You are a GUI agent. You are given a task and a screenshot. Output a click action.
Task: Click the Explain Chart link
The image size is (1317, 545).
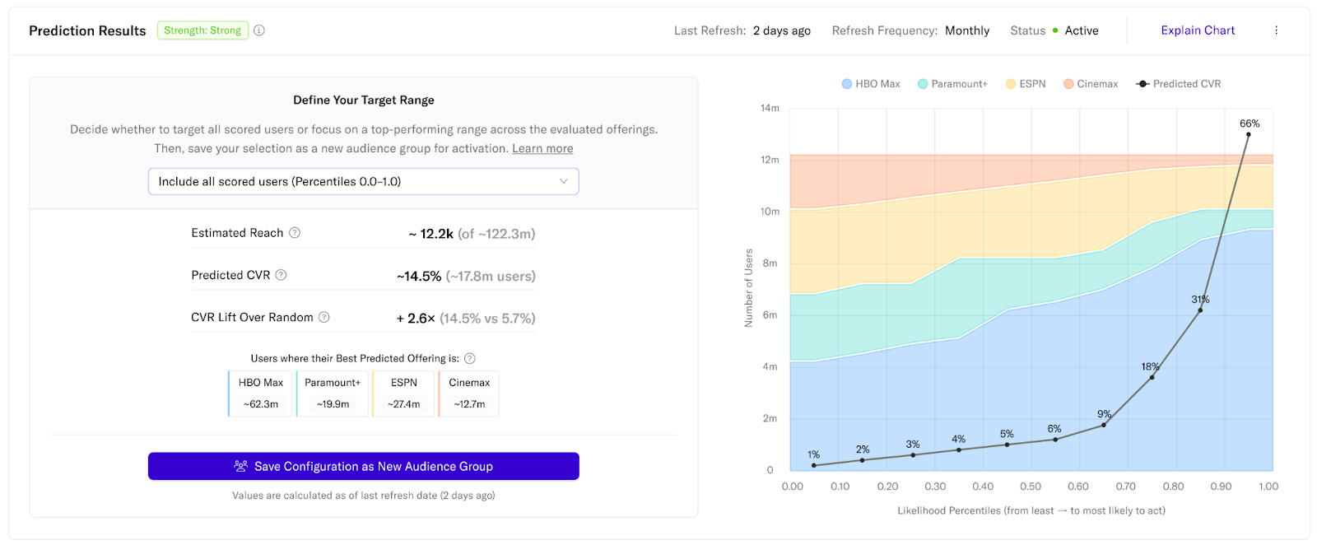coord(1198,30)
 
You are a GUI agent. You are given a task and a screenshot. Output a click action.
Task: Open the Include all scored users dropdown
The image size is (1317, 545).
coord(363,181)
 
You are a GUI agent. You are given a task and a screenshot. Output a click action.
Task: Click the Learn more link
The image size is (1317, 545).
coord(542,148)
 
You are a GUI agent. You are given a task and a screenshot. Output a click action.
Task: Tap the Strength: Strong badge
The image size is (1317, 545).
coord(202,30)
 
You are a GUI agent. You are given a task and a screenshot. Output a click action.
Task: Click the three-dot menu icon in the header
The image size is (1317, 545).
coord(1276,30)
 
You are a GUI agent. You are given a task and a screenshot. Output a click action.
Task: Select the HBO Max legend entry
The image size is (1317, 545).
coord(871,84)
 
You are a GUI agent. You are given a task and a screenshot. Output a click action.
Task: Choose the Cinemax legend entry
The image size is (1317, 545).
coord(1091,84)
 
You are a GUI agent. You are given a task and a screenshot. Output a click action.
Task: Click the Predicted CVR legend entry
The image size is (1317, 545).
coord(1179,84)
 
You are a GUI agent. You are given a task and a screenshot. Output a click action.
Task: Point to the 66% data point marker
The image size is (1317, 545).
coord(1248,134)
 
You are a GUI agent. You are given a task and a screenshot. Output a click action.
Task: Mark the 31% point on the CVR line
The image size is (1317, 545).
coord(1200,310)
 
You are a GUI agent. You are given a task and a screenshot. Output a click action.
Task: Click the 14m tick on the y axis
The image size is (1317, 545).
coord(770,108)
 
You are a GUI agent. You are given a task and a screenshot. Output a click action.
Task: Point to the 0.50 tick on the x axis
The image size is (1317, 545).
coord(1031,487)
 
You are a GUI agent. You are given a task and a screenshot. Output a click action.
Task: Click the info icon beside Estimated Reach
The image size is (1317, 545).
coord(295,233)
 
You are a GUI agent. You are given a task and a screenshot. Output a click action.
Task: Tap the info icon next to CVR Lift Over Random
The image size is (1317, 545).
coord(324,317)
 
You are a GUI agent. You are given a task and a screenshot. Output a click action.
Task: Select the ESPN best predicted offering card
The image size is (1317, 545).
coord(403,394)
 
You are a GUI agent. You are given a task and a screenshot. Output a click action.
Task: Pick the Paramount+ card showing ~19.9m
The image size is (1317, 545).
coord(333,394)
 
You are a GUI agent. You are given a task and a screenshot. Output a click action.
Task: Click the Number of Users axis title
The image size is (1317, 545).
coord(748,287)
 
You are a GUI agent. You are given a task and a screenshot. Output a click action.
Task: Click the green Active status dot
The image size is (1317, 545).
coord(1055,30)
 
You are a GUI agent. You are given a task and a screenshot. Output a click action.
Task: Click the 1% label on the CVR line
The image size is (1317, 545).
coord(813,454)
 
